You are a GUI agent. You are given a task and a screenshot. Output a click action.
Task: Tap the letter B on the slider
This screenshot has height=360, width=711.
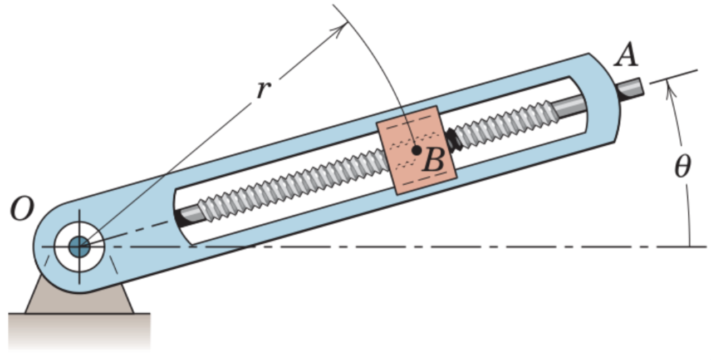pos(433,161)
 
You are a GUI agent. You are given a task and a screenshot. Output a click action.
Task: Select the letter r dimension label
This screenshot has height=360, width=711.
pos(263,89)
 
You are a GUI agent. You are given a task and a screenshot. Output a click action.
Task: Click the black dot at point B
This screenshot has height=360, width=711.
pos(415,150)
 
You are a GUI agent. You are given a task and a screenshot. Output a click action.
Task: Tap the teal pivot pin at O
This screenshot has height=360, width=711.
pos(79,246)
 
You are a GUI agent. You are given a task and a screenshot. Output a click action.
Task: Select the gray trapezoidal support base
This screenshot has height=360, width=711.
pos(78,301)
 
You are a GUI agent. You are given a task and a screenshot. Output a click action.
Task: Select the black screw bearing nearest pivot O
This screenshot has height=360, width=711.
pos(182,216)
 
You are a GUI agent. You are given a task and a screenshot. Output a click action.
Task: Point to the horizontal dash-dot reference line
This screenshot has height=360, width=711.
pos(445,246)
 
